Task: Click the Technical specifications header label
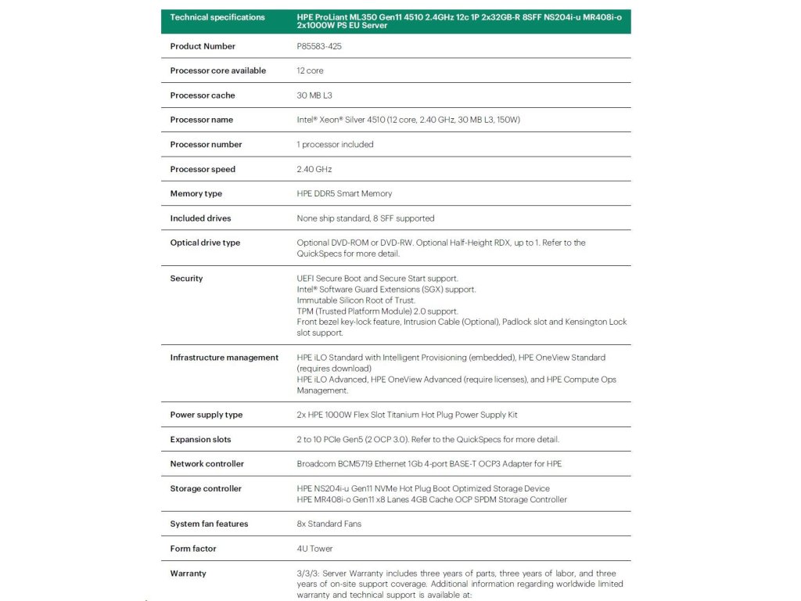pyautogui.click(x=217, y=17)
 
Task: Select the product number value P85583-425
pyautogui.click(x=319, y=46)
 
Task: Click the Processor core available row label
pyautogui.click(x=218, y=70)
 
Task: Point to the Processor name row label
pyautogui.click(x=202, y=120)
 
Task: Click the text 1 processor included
pyautogui.click(x=335, y=144)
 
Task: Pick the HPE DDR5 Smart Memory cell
pyautogui.click(x=344, y=193)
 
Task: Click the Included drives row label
pyautogui.click(x=201, y=218)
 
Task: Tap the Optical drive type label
pyautogui.click(x=205, y=243)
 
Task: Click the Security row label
pyautogui.click(x=186, y=279)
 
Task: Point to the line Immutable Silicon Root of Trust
pyautogui.click(x=356, y=300)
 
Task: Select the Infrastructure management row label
pyautogui.click(x=224, y=358)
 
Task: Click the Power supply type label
pyautogui.click(x=207, y=415)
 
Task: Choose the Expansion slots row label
pyautogui.click(x=201, y=439)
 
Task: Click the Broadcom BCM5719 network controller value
pyautogui.click(x=429, y=464)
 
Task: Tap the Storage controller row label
pyautogui.click(x=206, y=488)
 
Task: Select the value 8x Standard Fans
pyautogui.click(x=329, y=524)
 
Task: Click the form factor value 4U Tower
pyautogui.click(x=314, y=549)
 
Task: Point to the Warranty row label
pyautogui.click(x=189, y=574)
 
